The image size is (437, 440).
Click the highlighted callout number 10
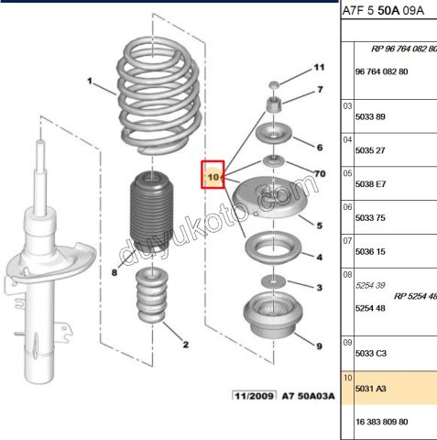[213, 172]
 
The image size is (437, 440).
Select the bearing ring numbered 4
[273, 249]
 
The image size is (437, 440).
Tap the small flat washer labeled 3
[273, 280]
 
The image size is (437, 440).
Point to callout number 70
[320, 172]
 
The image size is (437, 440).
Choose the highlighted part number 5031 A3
[369, 389]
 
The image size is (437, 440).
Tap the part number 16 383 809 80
[381, 422]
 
